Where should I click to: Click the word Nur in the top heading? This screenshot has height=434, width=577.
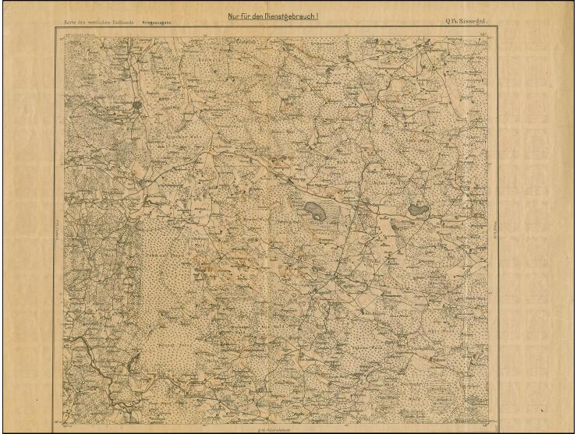pyautogui.click(x=232, y=16)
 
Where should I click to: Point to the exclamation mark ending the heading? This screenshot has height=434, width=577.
pyautogui.click(x=318, y=16)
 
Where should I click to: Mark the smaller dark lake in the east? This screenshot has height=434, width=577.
pyautogui.click(x=416, y=209)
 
